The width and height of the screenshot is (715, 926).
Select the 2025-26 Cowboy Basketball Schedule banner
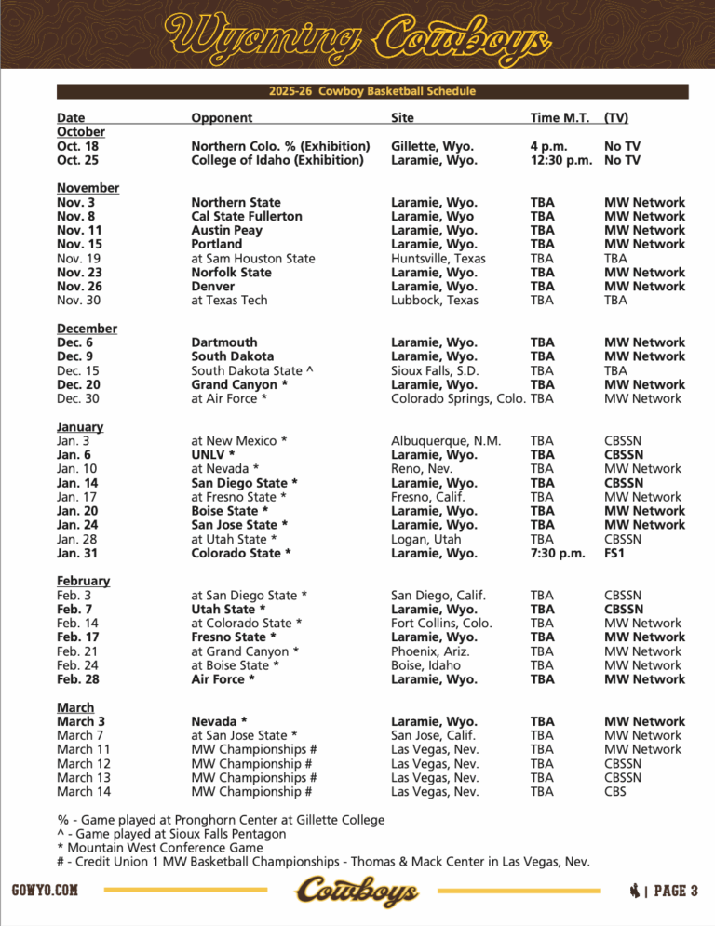pos(372,91)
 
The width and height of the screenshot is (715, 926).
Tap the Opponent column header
pos(222,118)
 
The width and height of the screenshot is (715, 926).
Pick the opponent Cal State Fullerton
pos(247,216)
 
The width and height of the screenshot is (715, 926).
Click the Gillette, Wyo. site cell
pos(432,146)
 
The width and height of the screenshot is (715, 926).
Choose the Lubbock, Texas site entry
pos(435,300)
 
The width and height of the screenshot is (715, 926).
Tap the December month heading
pos(87,329)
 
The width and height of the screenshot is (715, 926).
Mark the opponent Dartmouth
pos(223,342)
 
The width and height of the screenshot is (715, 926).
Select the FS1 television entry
pos(615,553)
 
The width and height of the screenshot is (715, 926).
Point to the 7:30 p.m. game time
pos(558,553)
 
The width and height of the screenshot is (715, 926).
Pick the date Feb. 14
pos(76,623)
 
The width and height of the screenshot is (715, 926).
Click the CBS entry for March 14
pos(615,792)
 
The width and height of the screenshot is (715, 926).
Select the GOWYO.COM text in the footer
pos(46,891)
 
